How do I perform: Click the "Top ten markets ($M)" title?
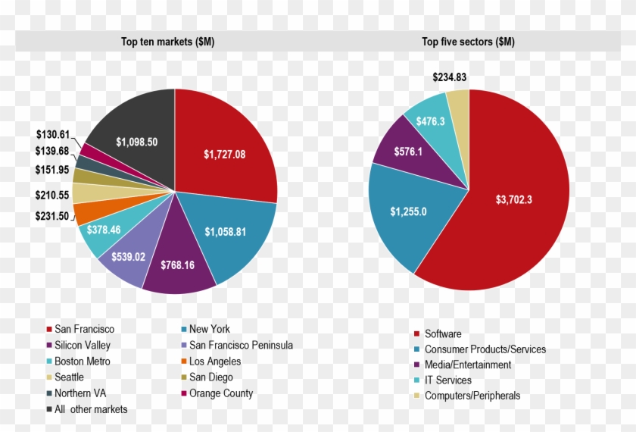[x=167, y=42]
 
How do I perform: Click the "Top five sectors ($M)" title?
[x=468, y=42]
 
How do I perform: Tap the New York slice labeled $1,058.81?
[x=235, y=231]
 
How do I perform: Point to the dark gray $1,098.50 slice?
[x=137, y=142]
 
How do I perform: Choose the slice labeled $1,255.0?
[x=408, y=211]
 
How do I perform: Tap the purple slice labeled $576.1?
[x=408, y=152]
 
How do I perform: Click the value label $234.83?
[x=449, y=77]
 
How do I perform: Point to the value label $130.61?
[x=52, y=134]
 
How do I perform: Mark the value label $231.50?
[x=51, y=217]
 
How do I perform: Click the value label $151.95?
[x=51, y=169]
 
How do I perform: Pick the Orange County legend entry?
[x=220, y=393]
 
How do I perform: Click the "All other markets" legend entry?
[x=90, y=409]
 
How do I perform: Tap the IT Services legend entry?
[x=447, y=380]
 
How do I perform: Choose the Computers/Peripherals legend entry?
[x=472, y=396]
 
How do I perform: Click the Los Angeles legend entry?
[x=214, y=362]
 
